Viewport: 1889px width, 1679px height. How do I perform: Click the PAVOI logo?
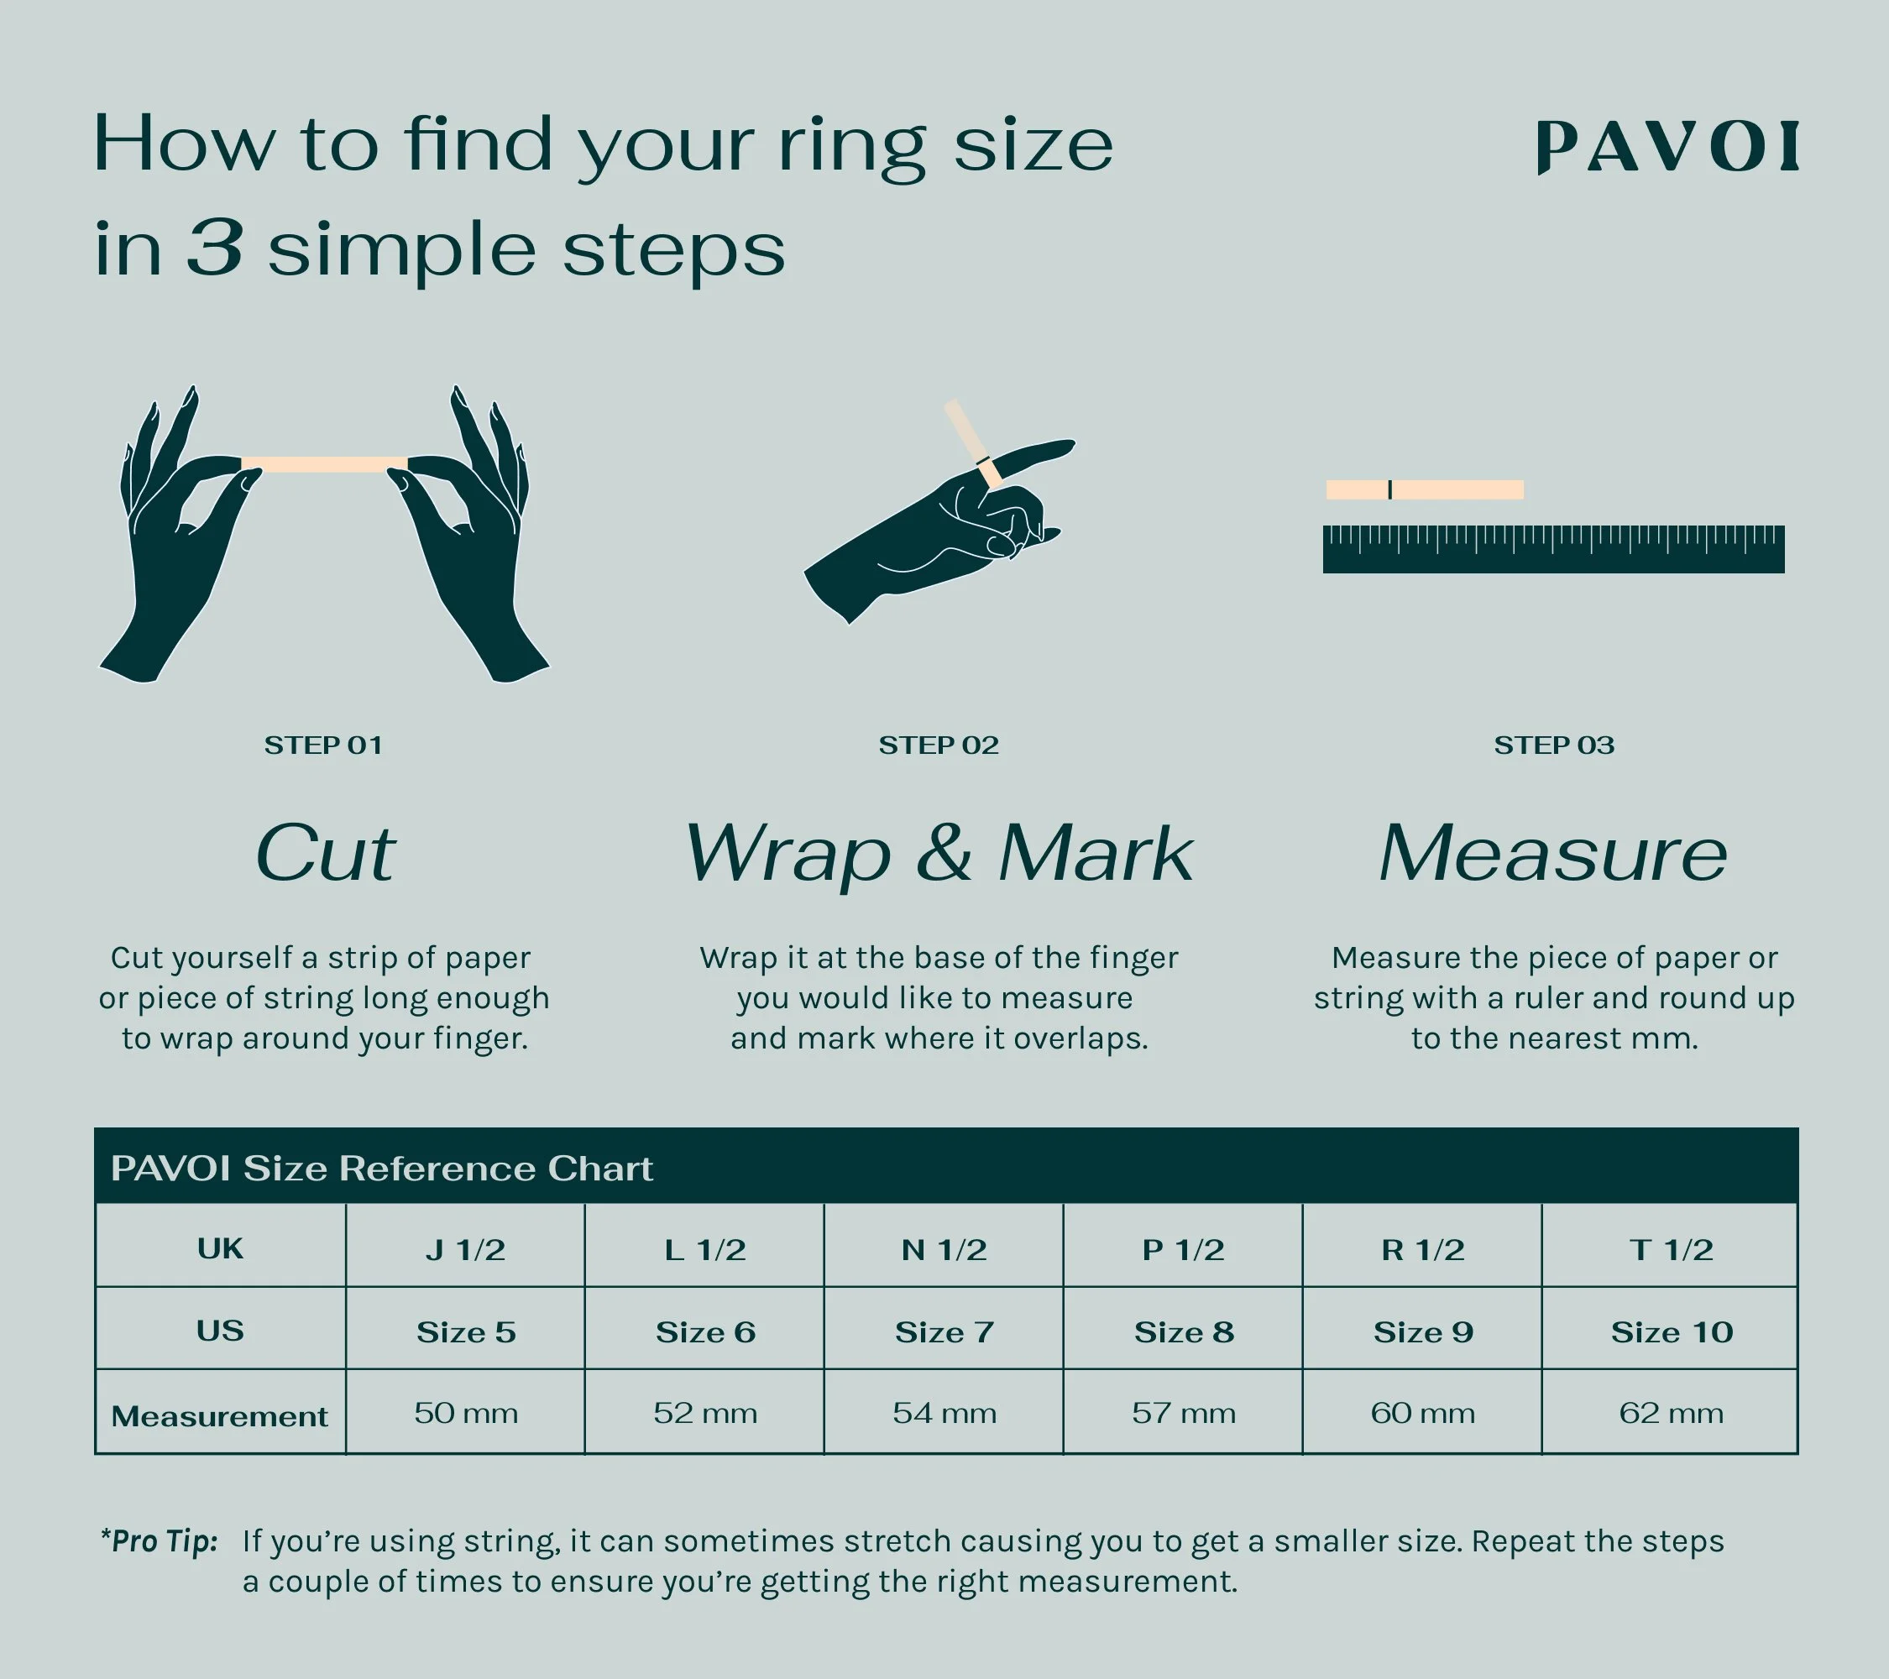(1667, 147)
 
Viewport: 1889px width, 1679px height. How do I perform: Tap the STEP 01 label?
(323, 745)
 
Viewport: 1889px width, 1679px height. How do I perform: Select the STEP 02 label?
(939, 745)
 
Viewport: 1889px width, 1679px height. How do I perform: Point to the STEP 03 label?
(1555, 745)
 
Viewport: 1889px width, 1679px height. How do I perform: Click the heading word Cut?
(325, 853)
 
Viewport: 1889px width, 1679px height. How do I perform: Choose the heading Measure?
(1552, 853)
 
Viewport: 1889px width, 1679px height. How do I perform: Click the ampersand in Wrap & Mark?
(944, 853)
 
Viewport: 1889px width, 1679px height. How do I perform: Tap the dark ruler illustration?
(1553, 549)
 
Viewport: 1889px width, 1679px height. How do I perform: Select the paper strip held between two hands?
(323, 464)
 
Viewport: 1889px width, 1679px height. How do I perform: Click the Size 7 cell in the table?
(944, 1331)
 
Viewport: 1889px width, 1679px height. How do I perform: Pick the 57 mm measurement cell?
(1184, 1413)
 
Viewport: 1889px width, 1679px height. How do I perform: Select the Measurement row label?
(220, 1415)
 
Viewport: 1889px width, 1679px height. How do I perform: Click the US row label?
(220, 1331)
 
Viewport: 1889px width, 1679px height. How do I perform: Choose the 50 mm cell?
(466, 1413)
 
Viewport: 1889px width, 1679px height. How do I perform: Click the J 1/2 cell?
(465, 1250)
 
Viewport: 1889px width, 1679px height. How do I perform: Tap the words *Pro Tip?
(159, 1541)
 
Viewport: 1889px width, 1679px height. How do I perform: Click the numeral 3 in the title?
(215, 248)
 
